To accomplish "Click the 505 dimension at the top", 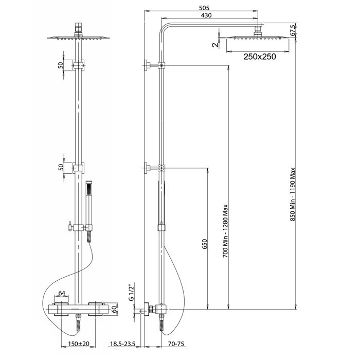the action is tap(204, 8).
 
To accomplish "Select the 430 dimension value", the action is tap(206, 15).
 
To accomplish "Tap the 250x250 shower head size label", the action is tap(260, 57).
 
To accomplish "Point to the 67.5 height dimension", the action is tap(293, 30).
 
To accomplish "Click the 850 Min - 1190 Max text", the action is tap(293, 194).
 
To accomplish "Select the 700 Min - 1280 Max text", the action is tap(226, 231).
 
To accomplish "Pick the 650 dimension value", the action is tap(205, 244).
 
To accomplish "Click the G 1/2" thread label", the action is tap(131, 292).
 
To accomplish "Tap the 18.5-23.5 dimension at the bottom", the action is tap(123, 344).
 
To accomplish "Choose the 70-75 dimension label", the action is tap(176, 344).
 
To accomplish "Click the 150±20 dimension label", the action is tap(79, 344).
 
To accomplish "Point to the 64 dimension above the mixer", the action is tap(62, 293).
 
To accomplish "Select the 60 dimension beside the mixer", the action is tap(114, 309).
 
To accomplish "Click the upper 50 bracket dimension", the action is tap(60, 65).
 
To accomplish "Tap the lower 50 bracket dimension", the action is tap(60, 167).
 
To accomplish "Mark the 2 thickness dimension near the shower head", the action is tap(216, 45).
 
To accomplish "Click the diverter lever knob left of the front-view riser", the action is tap(70, 227).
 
